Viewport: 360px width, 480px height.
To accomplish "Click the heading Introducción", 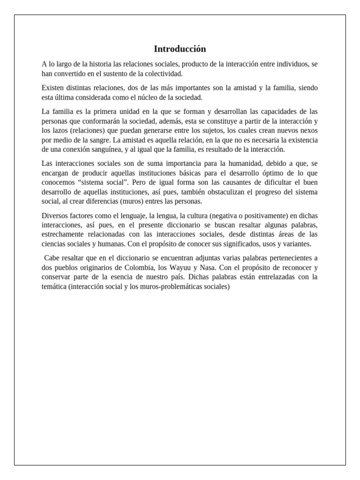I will coord(180,49).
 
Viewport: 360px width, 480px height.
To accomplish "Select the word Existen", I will coord(52,88).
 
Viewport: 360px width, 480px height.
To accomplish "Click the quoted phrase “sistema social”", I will coord(100,182).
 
